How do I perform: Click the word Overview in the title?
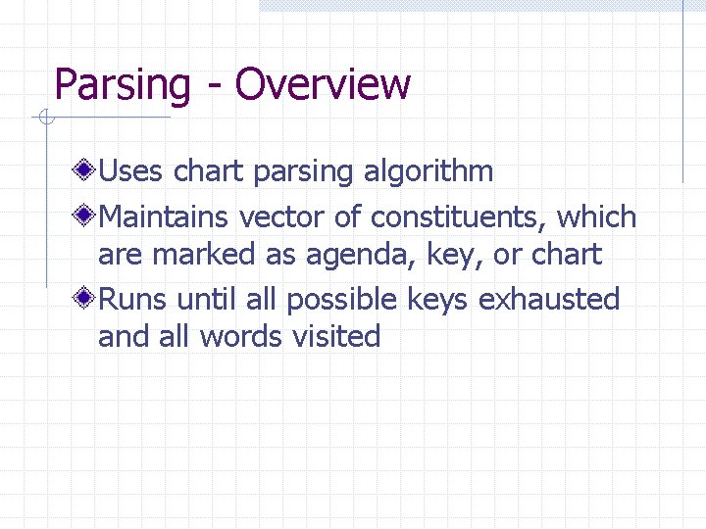(323, 84)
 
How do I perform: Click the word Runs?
(132, 298)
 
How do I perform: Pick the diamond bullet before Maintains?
(85, 216)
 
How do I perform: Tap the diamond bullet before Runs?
(85, 298)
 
